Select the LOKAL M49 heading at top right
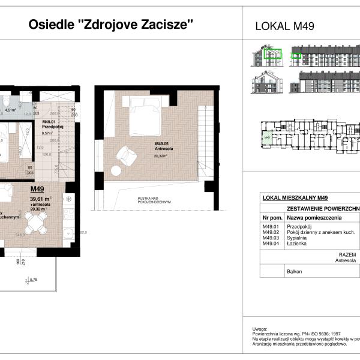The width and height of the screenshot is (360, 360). click(285, 26)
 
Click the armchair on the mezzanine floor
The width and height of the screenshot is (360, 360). click(127, 155)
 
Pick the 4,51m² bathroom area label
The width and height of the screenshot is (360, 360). click(11, 110)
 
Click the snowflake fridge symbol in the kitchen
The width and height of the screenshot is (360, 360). click(68, 199)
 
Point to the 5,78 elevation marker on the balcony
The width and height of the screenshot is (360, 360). click(34, 279)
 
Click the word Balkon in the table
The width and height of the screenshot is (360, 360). click(295, 271)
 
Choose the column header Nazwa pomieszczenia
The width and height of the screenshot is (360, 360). click(314, 217)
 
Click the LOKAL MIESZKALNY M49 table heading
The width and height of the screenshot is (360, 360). click(295, 197)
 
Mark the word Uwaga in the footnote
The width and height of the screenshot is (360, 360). click(259, 329)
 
